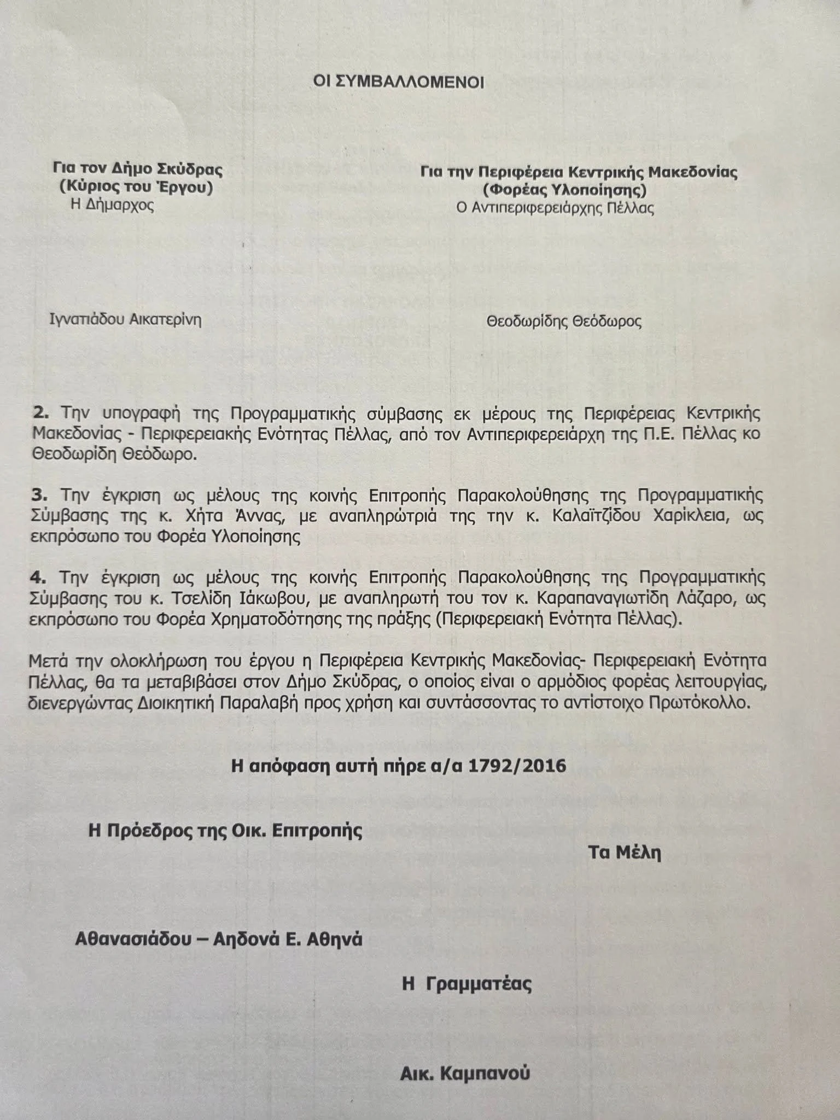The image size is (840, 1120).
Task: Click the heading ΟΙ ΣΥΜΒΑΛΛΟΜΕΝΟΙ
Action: point(399,82)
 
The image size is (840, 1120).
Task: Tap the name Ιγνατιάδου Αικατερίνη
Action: point(125,319)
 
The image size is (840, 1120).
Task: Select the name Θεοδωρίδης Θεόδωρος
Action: point(564,321)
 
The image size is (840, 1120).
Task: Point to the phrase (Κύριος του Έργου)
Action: point(136,188)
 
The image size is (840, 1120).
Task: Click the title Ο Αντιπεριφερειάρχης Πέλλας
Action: point(556,208)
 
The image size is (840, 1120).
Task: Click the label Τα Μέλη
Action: point(625,853)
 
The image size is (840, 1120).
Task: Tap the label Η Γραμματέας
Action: point(467,984)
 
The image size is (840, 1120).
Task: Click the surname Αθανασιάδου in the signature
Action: point(138,940)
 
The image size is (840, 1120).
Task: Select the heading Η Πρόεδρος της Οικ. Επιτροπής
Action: point(226,831)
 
